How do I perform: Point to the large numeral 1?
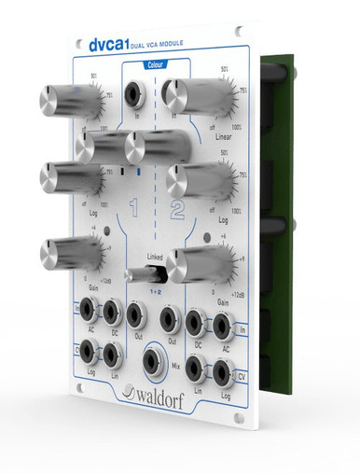pos(136,207)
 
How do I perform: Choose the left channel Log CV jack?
pos(88,353)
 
